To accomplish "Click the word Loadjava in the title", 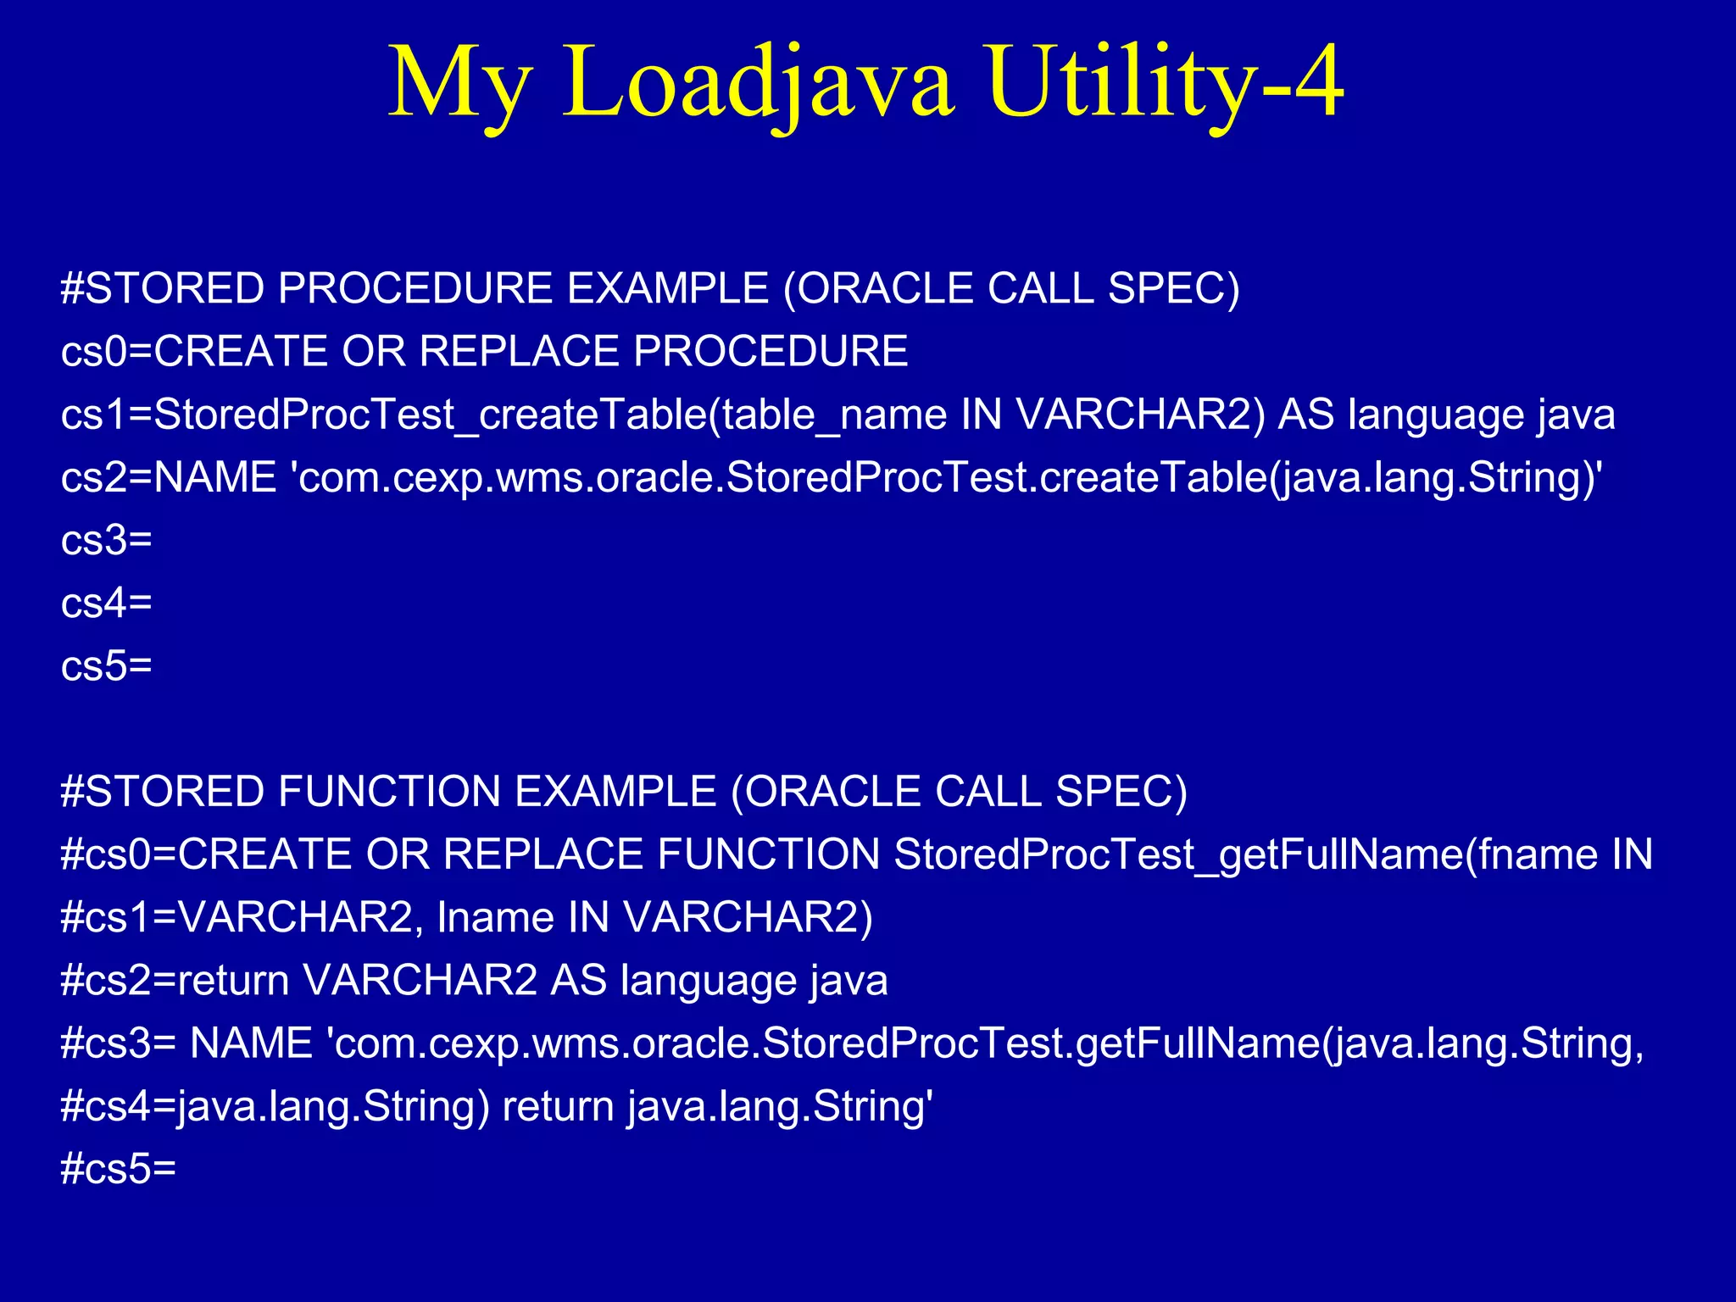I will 757,82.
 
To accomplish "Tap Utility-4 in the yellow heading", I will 1165,82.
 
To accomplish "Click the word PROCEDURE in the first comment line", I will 415,288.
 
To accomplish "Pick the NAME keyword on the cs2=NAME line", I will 215,477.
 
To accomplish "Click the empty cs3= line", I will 106,540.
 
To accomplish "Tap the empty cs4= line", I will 106,603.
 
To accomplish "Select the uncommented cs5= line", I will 106,665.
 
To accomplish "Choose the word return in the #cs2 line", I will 234,980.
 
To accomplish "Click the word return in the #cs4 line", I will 558,1106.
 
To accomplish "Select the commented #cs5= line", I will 119,1169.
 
